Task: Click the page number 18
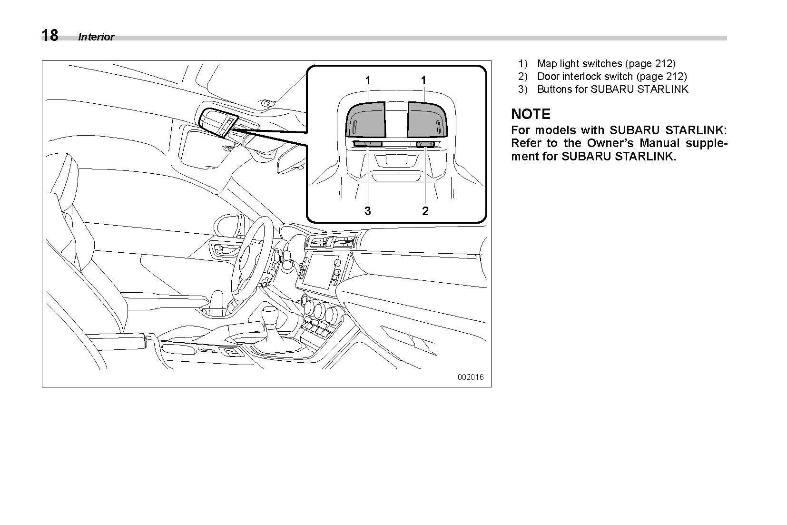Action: (49, 36)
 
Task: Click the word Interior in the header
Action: (96, 37)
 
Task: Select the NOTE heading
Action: (531, 114)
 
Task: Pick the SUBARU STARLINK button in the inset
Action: (367, 144)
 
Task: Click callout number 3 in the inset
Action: (367, 211)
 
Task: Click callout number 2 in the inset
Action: (425, 211)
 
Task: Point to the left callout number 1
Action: (368, 80)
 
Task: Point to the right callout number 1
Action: (423, 80)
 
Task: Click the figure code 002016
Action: (470, 377)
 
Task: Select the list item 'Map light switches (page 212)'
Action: (606, 63)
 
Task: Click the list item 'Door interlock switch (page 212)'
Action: (612, 76)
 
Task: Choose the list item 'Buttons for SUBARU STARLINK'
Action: (612, 89)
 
